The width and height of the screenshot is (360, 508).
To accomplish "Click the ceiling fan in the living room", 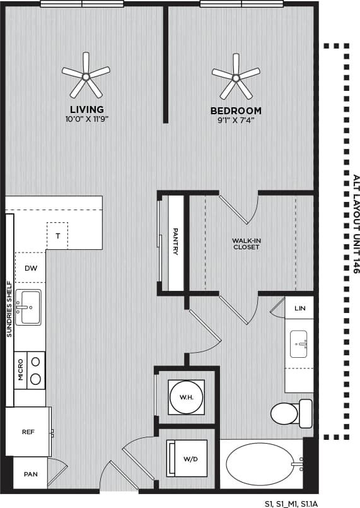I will tap(85, 75).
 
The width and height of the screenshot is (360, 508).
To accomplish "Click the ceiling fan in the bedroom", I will tap(236, 77).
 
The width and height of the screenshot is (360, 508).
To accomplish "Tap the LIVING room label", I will tap(87, 109).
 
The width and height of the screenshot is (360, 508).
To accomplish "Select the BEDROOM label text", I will tap(236, 110).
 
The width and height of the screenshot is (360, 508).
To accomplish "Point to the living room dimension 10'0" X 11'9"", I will tap(87, 119).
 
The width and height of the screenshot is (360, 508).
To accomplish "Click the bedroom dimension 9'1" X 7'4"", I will tap(236, 120).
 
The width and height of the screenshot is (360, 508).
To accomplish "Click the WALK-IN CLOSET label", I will tap(245, 243).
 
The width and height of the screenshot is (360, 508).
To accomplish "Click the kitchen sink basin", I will tap(28, 307).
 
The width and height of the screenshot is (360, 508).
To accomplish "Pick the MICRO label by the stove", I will tap(20, 370).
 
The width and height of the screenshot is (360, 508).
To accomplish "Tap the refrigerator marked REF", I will tap(28, 433).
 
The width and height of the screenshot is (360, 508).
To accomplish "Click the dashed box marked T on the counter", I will tap(57, 235).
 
